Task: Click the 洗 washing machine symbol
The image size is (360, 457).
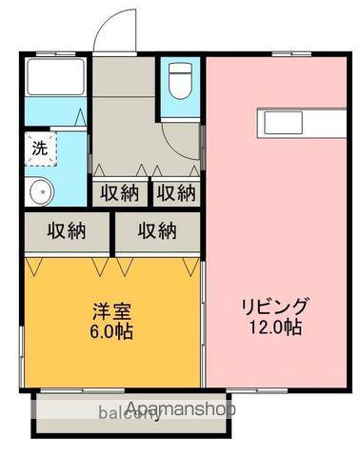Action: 39,149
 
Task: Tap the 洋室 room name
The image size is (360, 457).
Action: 112,312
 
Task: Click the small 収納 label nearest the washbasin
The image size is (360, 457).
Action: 120,192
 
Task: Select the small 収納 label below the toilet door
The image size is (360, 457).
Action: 176,192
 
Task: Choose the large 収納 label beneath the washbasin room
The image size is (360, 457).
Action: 66,230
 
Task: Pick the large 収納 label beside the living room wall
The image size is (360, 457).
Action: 156,230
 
